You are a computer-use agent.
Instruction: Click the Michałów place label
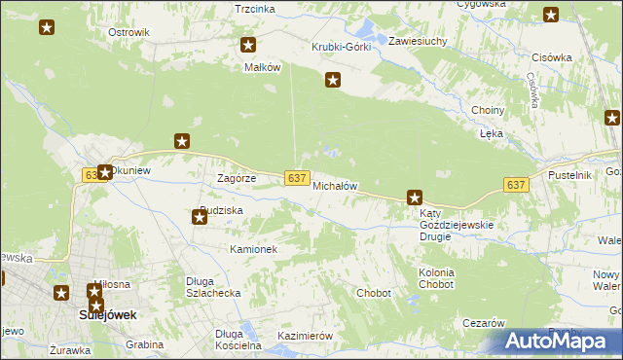pos(336,186)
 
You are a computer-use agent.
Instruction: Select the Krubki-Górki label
pos(342,48)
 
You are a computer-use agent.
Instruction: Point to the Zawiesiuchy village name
pos(418,42)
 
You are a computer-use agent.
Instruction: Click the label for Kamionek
pos(254,250)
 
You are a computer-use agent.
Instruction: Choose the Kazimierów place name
pos(306,336)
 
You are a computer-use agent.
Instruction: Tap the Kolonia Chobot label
pos(436,278)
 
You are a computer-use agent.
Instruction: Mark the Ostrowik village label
pos(128,32)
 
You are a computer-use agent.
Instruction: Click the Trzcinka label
pos(255,9)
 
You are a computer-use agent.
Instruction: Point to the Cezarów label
pos(483,323)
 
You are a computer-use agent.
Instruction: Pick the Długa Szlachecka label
pos(213,287)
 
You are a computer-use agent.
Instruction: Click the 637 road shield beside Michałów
pos(299,177)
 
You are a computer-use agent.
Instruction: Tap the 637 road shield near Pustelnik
pos(517,185)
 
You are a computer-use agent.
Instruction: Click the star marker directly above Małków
pos(248,45)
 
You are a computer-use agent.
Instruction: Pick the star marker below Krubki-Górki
pos(333,81)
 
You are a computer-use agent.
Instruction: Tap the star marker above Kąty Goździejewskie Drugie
pos(415,198)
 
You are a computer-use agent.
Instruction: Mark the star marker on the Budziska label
pos(200,217)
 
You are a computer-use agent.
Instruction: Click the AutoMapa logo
pos(563,342)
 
